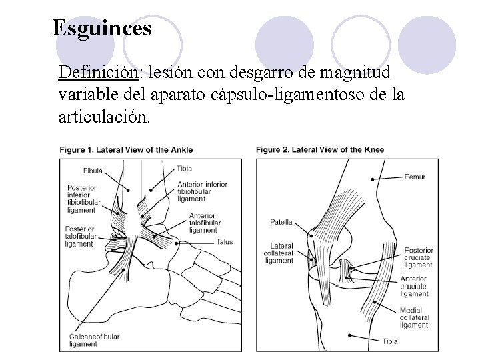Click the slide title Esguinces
click(102, 29)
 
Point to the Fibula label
click(93, 171)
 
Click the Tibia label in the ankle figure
click(185, 169)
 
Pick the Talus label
click(225, 242)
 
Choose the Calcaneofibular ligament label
click(94, 341)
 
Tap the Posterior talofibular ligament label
click(81, 236)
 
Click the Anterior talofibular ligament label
click(203, 223)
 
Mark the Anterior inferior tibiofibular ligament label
click(202, 191)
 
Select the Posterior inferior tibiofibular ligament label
click(83, 199)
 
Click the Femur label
click(415, 177)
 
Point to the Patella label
click(281, 222)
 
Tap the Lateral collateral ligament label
click(279, 253)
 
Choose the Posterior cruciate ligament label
click(418, 257)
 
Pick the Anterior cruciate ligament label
click(415, 286)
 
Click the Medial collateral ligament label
click(415, 318)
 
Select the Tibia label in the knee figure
click(390, 341)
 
